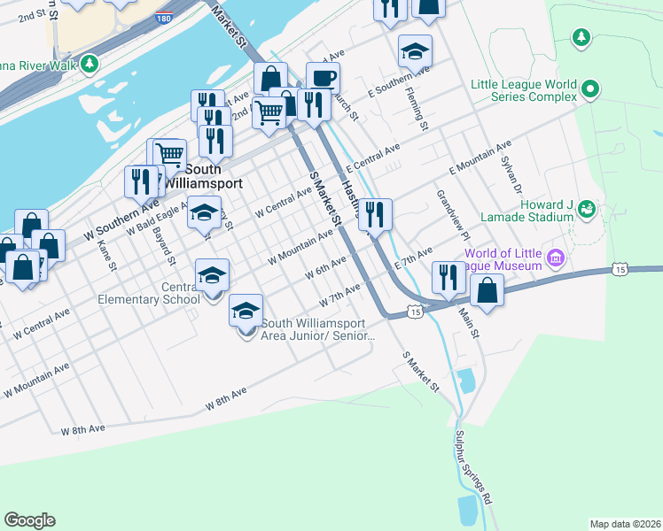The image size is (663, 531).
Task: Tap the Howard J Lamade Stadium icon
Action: click(585, 209)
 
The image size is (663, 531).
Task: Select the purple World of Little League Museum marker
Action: click(556, 258)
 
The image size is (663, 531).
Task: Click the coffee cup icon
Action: click(323, 78)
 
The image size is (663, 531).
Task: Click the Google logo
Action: click(29, 520)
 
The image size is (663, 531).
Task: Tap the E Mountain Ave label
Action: click(480, 157)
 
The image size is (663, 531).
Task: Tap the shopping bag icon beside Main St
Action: click(487, 290)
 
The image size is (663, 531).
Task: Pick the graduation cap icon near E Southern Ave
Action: click(414, 52)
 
